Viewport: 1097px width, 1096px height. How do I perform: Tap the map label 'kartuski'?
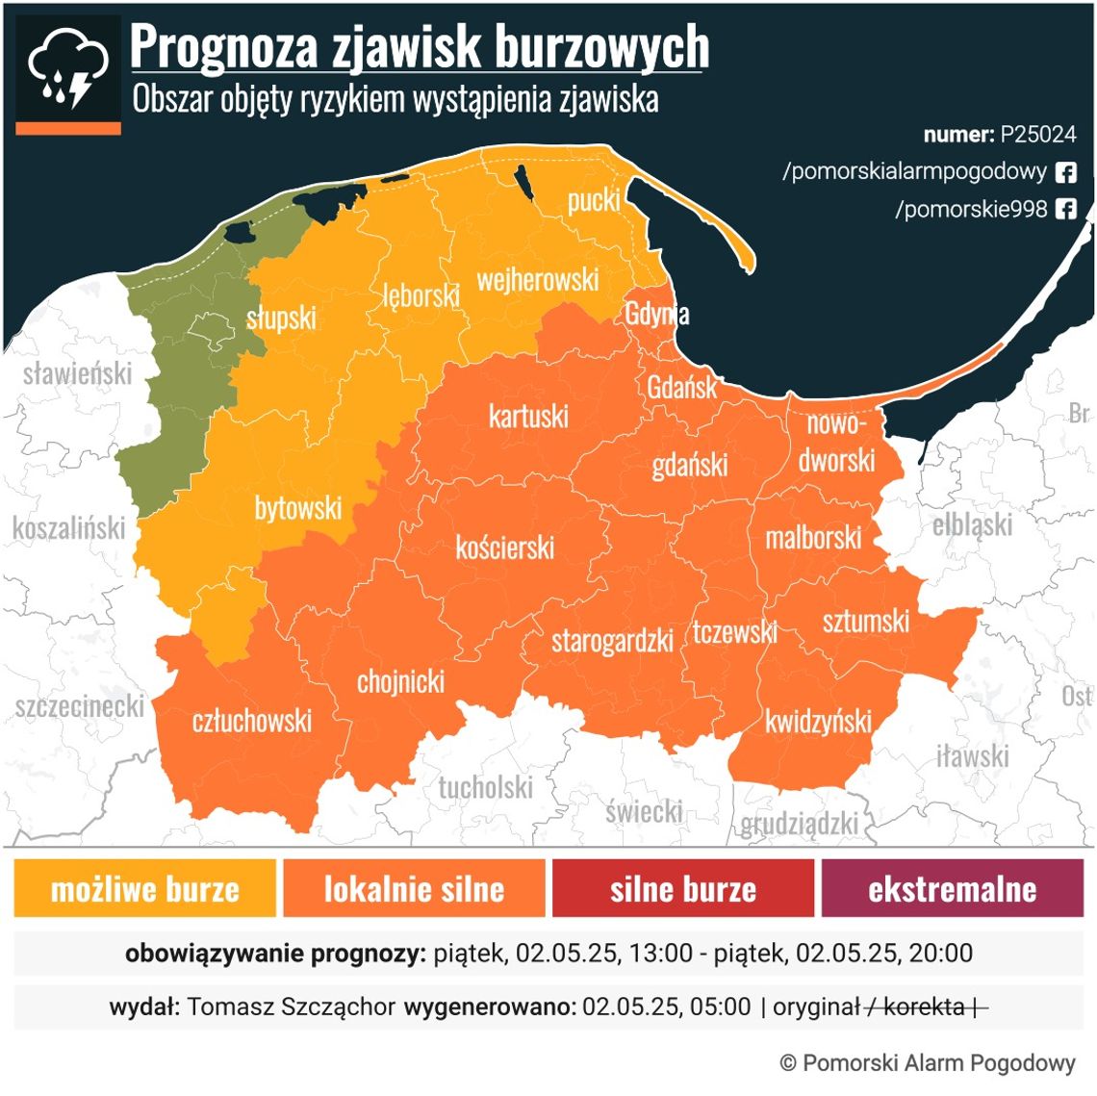click(528, 417)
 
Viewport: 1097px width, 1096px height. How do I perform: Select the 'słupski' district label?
click(281, 318)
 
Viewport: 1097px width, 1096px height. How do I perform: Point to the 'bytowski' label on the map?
click(298, 508)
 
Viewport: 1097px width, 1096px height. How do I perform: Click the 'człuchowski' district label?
click(252, 721)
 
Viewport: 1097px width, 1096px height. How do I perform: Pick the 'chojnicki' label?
click(401, 682)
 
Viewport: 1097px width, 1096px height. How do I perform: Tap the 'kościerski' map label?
click(505, 548)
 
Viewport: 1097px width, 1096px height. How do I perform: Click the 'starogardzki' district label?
click(612, 641)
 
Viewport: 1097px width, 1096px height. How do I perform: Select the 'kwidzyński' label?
click(818, 722)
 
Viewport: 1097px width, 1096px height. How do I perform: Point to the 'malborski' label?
click(813, 538)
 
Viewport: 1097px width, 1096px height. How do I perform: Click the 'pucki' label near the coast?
click(594, 200)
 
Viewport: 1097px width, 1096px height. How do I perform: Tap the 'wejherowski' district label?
click(538, 280)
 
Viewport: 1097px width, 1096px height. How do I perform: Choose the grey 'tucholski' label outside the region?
click(485, 788)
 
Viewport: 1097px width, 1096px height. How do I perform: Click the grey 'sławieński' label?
click(77, 373)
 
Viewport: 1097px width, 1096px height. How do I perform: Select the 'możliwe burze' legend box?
click(145, 889)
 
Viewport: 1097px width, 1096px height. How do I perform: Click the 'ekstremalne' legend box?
click(952, 889)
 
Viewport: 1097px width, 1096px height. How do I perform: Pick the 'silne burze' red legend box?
click(683, 889)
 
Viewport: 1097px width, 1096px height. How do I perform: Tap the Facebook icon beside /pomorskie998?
click(1066, 209)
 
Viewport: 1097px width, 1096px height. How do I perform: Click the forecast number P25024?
click(1037, 135)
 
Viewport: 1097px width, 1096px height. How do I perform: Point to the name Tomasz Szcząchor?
click(291, 1007)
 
